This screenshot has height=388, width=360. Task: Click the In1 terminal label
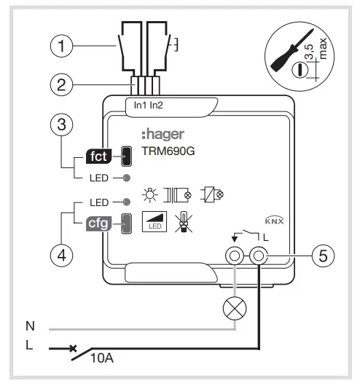pos(141,106)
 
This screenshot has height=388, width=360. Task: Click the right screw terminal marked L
pos(259,256)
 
